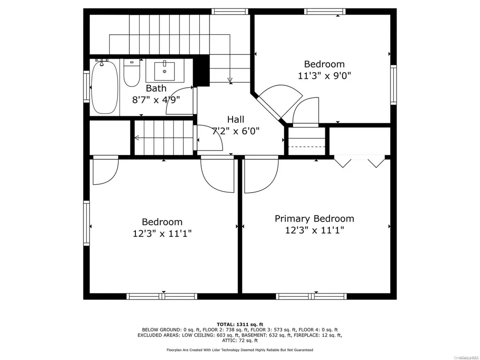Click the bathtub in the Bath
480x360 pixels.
point(105,87)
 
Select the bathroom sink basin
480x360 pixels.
point(165,71)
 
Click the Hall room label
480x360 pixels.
point(235,119)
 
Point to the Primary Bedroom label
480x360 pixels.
point(315,218)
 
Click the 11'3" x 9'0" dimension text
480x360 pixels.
point(324,75)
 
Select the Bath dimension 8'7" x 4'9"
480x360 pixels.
point(156,100)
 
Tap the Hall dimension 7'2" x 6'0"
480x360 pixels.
point(236,131)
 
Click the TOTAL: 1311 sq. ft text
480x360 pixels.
point(240,324)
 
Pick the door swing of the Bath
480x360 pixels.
point(180,101)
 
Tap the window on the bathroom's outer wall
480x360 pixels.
point(87,86)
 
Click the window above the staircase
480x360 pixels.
point(230,12)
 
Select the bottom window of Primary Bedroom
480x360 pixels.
point(311,296)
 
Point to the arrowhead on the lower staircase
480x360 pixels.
point(137,138)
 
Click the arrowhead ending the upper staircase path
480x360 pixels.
point(230,80)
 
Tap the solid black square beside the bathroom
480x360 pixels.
point(201,71)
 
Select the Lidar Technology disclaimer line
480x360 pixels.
point(240,350)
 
